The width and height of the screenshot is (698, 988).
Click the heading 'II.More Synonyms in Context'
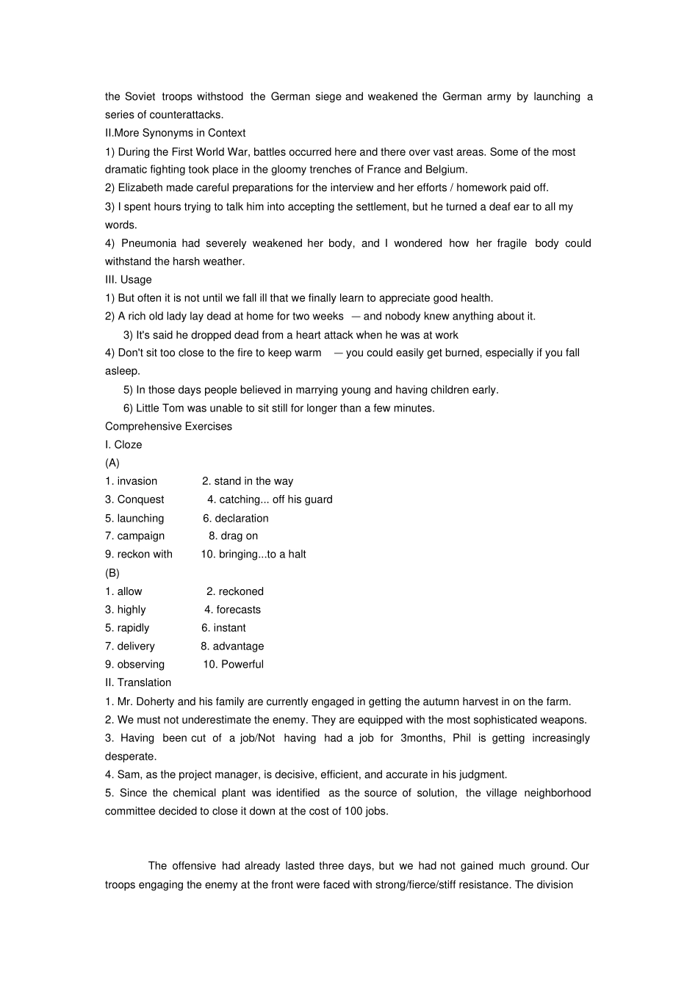click(175, 133)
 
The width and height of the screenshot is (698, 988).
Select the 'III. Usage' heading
click(129, 280)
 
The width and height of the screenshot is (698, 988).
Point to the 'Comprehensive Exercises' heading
click(168, 427)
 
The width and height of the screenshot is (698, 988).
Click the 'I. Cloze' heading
click(123, 445)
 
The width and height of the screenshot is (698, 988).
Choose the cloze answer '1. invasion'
click(131, 482)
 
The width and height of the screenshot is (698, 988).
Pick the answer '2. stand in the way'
click(248, 482)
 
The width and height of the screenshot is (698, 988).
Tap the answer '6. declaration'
click(235, 519)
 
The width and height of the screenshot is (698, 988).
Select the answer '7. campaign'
click(134, 536)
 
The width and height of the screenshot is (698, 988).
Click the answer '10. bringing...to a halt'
click(253, 555)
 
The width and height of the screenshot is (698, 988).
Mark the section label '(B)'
click(112, 573)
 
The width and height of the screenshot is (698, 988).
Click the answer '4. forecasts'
click(232, 610)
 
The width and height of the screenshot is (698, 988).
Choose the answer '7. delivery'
click(130, 646)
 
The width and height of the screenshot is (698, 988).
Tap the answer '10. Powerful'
click(233, 665)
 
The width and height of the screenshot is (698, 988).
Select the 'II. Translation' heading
click(138, 683)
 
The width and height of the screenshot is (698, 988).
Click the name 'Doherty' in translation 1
click(155, 702)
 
